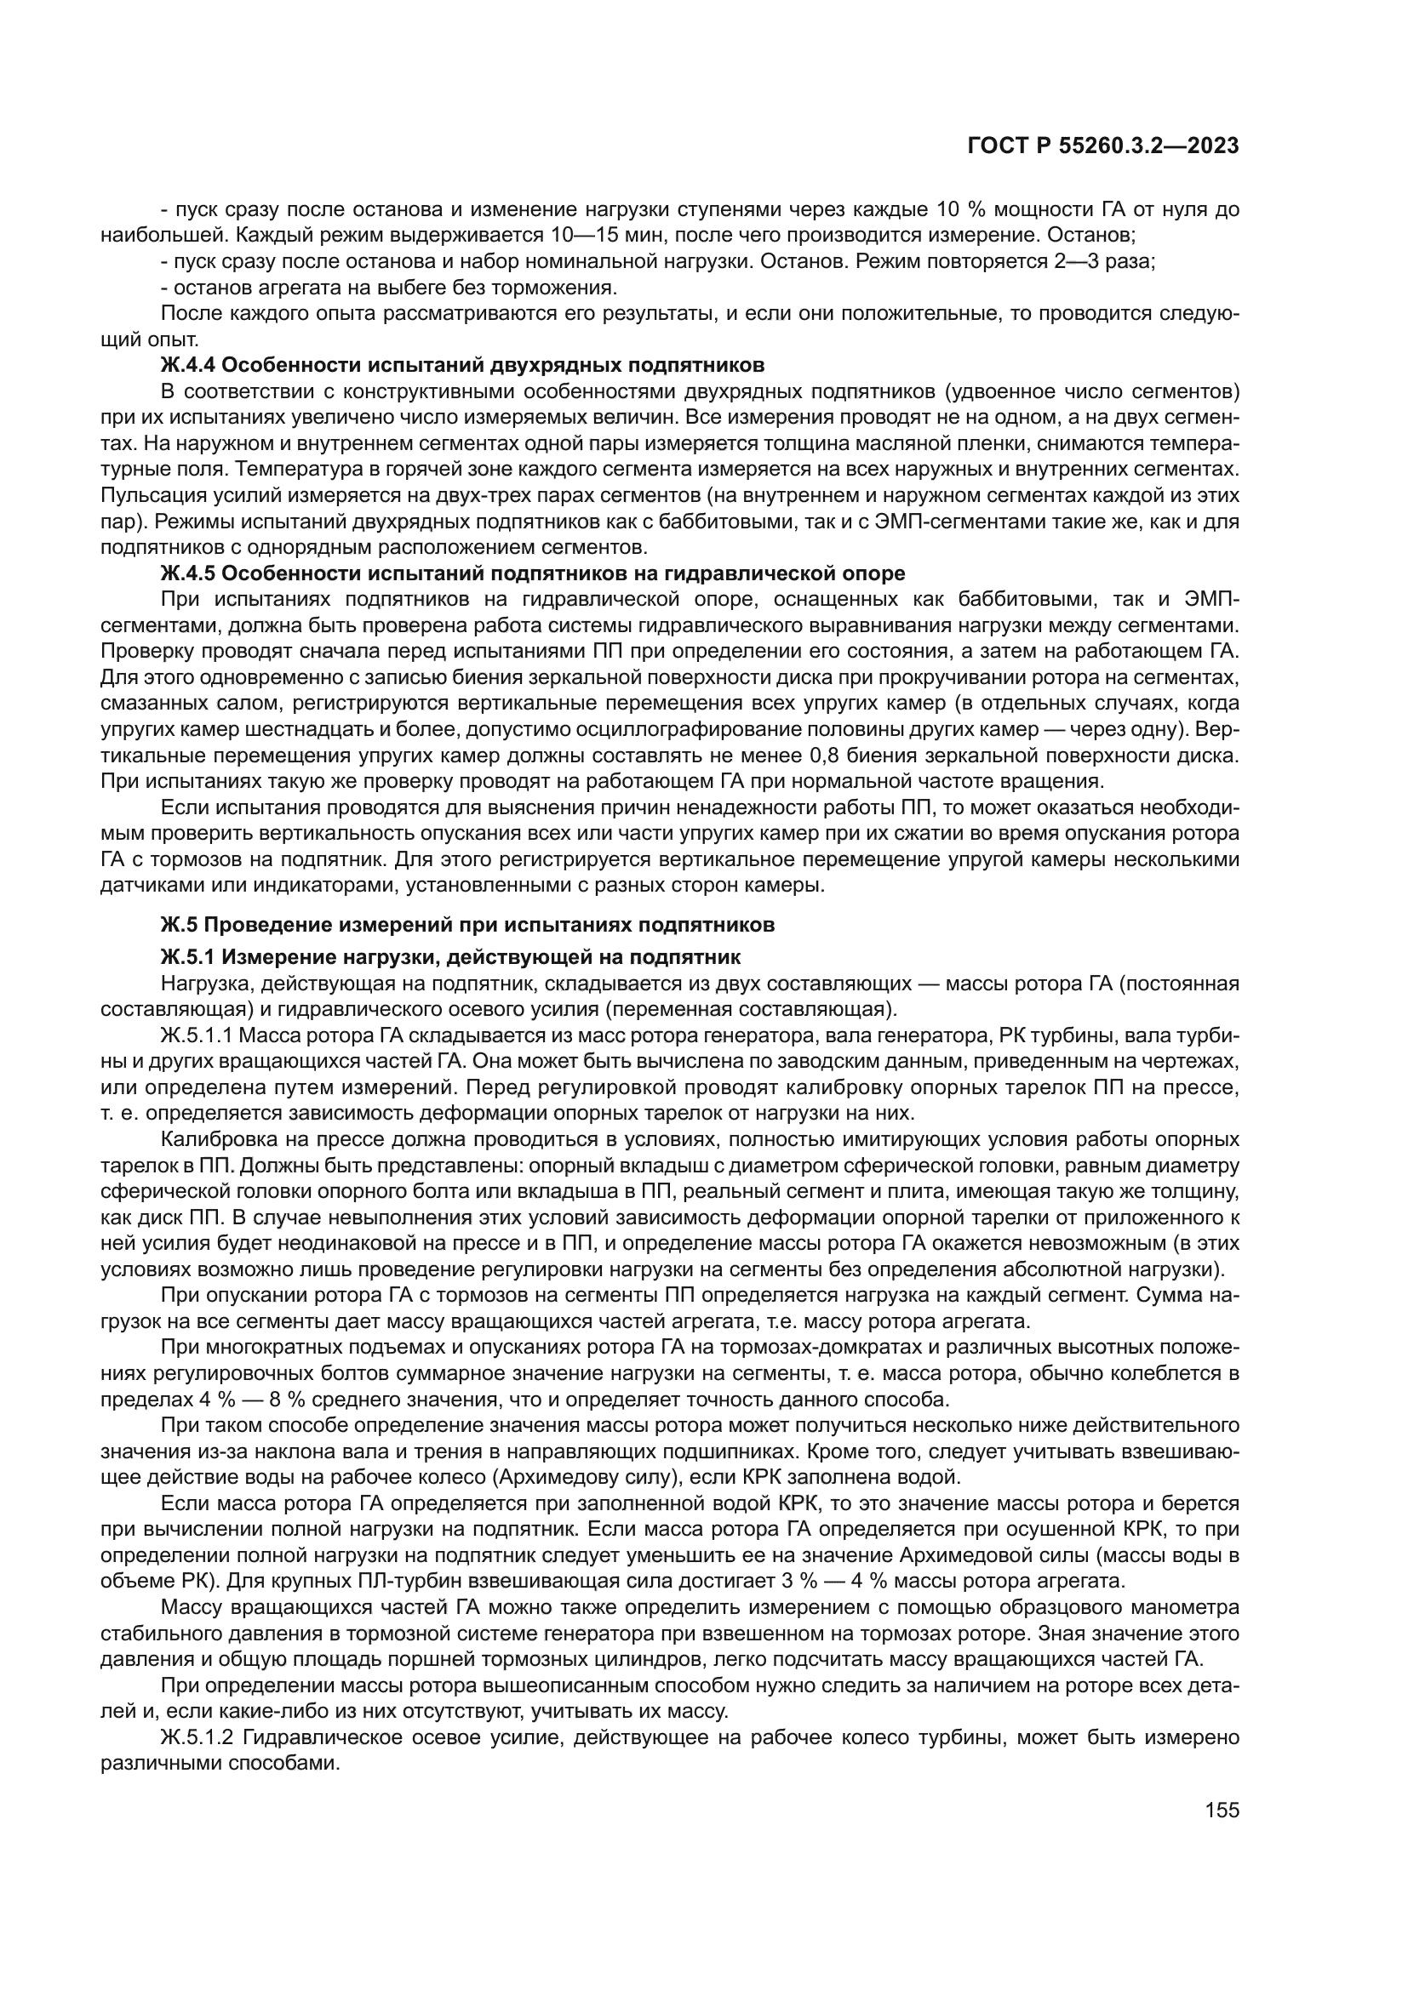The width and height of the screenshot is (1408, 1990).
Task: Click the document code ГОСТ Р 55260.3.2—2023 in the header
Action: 1102,146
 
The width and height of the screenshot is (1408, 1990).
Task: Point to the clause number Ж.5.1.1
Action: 198,1035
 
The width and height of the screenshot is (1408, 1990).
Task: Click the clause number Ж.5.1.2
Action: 198,1738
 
